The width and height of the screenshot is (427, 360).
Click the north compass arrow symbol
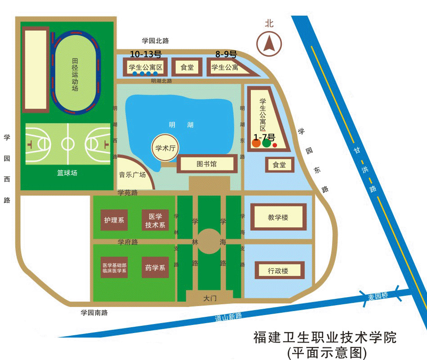[x=269, y=44]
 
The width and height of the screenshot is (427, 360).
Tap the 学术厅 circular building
[x=165, y=148]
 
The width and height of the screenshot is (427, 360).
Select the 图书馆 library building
[x=207, y=164]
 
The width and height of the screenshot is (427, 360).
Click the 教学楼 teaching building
[x=278, y=217]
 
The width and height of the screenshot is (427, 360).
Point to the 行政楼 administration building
[x=280, y=271]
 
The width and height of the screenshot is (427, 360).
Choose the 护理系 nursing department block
[x=114, y=220]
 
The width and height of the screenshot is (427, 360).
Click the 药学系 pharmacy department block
[x=155, y=267]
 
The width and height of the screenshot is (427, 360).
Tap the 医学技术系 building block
[x=155, y=220]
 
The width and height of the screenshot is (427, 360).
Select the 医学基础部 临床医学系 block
[x=114, y=267]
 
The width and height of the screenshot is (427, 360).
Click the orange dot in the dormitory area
[x=256, y=143]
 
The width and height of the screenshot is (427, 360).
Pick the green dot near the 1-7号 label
[x=267, y=142]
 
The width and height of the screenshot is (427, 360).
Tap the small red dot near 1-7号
[x=275, y=145]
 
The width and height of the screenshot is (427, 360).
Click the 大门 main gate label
[x=210, y=298]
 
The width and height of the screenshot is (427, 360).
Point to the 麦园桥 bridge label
[x=378, y=296]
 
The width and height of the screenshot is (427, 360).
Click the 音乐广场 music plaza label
[x=132, y=174]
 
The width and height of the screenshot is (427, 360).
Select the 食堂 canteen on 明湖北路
[x=187, y=67]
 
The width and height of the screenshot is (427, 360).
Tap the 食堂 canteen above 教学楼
[x=280, y=165]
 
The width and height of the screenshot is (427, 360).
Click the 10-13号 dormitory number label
[x=146, y=54]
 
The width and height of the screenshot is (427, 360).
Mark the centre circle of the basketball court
[x=67, y=143]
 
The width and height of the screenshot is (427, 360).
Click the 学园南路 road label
[x=94, y=312]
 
